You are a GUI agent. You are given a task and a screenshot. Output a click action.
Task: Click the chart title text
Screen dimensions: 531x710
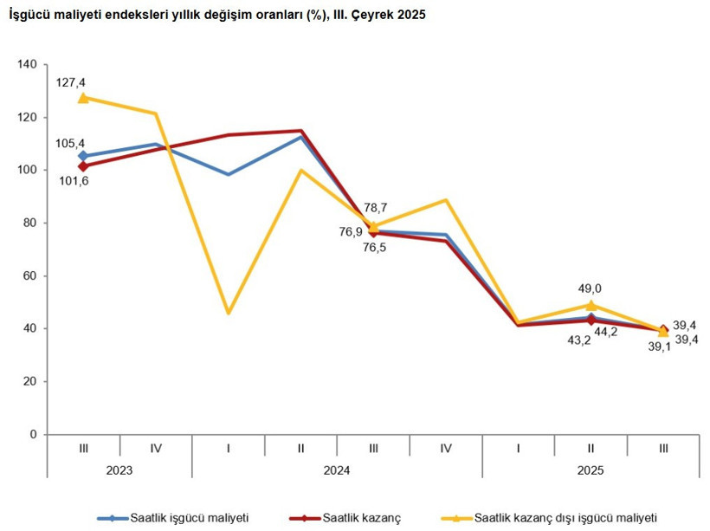point(216,16)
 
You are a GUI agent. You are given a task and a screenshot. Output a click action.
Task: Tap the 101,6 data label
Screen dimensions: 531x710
point(73,180)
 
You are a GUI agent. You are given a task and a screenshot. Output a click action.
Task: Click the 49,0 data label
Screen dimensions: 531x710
point(590,288)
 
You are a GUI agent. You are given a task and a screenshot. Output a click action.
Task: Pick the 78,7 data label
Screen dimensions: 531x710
point(376,209)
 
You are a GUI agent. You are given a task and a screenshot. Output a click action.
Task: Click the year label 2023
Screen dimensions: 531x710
point(119,470)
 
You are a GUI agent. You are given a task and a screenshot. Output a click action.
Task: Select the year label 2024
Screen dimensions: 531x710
point(337,470)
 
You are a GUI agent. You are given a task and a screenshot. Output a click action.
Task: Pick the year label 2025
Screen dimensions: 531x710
point(591,470)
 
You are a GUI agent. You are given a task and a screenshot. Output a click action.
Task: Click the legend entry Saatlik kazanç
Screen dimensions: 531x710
point(361,517)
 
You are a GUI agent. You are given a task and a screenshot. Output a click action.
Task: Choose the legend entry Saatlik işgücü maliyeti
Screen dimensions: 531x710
point(189,517)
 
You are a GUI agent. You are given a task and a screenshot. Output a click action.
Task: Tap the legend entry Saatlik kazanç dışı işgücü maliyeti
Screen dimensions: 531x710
point(567,517)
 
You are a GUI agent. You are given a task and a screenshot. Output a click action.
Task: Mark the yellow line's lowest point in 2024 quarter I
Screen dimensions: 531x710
point(229,313)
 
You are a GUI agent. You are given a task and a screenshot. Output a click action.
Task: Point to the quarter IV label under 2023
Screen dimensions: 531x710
point(156,448)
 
